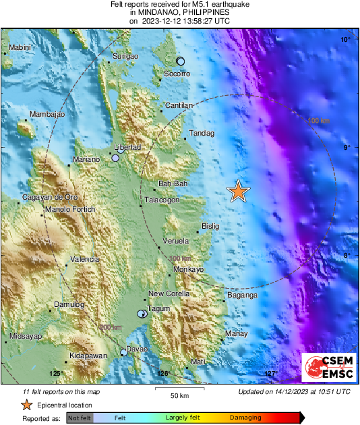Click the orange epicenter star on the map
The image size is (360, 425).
click(x=238, y=192)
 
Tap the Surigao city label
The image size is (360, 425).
click(x=125, y=57)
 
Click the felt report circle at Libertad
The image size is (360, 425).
click(x=115, y=158)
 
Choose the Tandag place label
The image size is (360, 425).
click(x=202, y=134)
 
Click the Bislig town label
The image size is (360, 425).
click(x=210, y=227)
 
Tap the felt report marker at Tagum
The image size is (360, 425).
click(x=142, y=314)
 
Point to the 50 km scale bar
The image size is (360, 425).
click(x=179, y=389)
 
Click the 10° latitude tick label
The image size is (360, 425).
click(x=344, y=40)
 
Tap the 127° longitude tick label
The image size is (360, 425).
click(x=270, y=374)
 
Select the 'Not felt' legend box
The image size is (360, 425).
click(x=79, y=418)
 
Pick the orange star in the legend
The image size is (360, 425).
click(x=26, y=405)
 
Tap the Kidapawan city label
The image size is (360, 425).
click(x=88, y=356)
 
